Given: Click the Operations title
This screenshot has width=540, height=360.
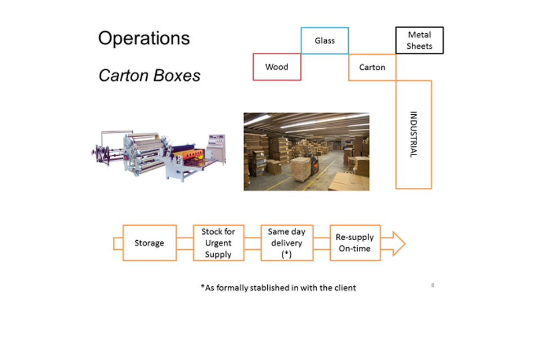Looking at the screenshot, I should (144, 38).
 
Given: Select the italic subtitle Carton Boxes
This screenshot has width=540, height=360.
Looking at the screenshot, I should (150, 76).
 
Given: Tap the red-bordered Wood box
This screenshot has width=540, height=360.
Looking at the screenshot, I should (277, 67).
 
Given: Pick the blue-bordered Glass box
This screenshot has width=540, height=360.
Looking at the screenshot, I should (325, 40).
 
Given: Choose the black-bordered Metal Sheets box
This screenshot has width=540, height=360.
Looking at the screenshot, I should (420, 40).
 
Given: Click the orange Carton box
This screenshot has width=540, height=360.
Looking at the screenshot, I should (372, 67).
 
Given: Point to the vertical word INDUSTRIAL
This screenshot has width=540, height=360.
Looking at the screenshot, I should (413, 134).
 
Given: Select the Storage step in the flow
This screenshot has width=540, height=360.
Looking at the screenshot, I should (149, 243).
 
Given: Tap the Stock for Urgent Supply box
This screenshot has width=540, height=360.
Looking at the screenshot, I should (218, 243).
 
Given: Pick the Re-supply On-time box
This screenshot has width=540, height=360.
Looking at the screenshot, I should (354, 243).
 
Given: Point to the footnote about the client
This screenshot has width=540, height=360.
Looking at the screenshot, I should (278, 287).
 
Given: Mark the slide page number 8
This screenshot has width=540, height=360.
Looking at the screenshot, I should (433, 286).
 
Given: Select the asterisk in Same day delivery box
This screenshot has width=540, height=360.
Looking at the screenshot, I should (286, 254).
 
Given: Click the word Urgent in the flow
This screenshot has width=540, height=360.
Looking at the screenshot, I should (218, 243).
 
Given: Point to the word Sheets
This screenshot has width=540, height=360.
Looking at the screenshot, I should (420, 46).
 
